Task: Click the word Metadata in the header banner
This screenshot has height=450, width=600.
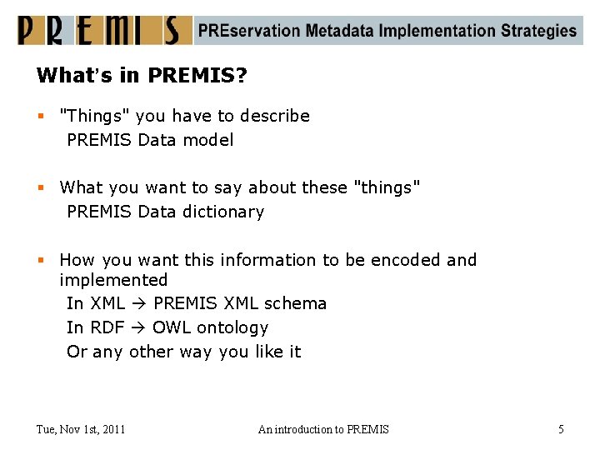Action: pos(339,31)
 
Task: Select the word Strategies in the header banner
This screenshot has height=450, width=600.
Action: pos(538,32)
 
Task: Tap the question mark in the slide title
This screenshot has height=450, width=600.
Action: pos(242,76)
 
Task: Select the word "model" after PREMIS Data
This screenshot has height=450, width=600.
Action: pos(208,140)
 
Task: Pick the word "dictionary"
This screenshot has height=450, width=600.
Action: pos(222,212)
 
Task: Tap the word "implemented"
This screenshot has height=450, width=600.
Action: pos(113,280)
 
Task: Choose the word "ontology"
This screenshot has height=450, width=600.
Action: pos(232,327)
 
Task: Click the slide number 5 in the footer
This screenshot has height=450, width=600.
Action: pos(561,429)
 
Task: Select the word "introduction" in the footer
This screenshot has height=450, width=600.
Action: pos(302,429)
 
